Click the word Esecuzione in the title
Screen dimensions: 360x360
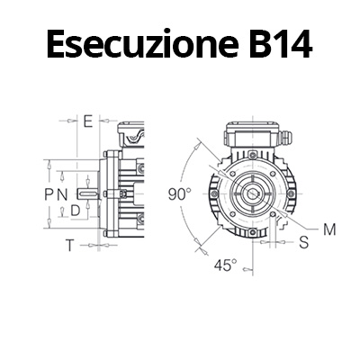point(143,44)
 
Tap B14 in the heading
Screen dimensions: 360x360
point(281,44)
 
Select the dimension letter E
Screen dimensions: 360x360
point(88,121)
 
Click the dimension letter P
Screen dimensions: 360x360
point(49,194)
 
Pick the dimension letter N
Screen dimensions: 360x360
point(62,194)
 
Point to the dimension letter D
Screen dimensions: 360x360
point(76,211)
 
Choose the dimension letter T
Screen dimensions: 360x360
point(69,246)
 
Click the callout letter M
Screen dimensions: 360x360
point(329,230)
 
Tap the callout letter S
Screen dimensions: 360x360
point(304,242)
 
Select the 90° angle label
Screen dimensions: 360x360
point(179,194)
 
